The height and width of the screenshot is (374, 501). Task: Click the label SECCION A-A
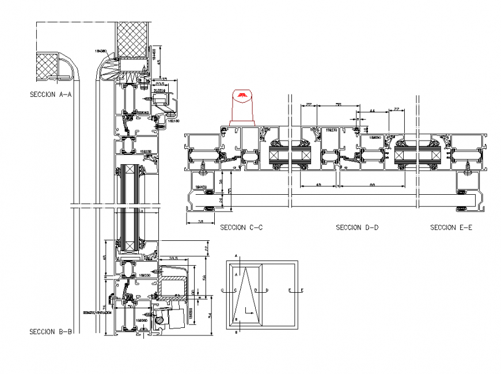[x=50, y=96]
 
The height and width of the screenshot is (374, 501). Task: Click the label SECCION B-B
[x=50, y=331]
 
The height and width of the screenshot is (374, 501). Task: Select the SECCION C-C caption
[x=241, y=228]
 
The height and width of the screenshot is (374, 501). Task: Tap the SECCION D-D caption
[x=357, y=228]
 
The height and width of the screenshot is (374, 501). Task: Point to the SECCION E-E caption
[x=451, y=228]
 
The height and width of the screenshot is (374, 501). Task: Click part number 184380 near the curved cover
[x=101, y=51]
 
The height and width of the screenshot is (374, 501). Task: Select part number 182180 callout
[x=173, y=121]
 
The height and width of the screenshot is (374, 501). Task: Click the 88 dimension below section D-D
[x=372, y=185]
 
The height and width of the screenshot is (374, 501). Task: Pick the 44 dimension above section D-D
[x=372, y=110]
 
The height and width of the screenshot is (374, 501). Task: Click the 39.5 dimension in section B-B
[x=173, y=258]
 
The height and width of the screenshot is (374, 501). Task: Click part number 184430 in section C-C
[x=200, y=187]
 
